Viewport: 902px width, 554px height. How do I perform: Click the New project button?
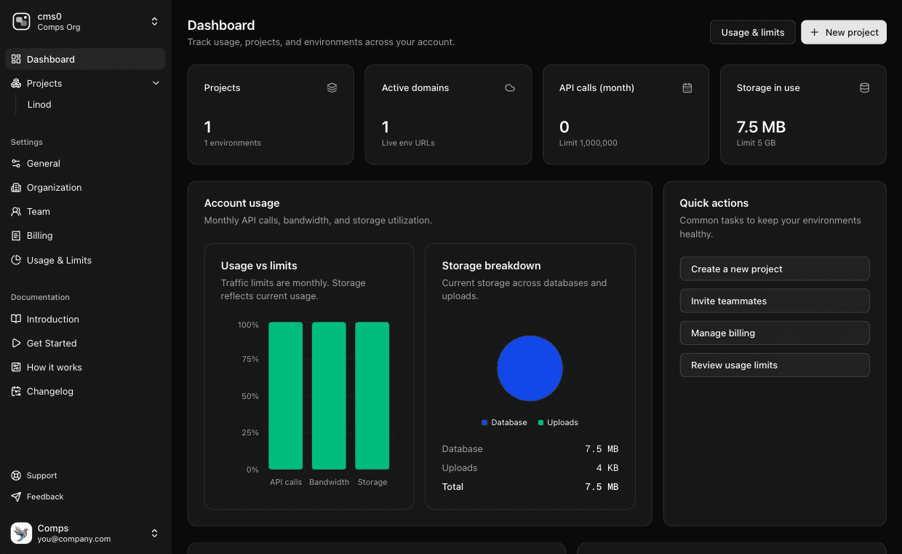(x=843, y=32)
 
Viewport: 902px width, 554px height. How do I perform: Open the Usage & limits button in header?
(x=752, y=32)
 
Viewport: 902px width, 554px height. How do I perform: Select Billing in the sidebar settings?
(x=39, y=236)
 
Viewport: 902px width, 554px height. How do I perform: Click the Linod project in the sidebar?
(x=39, y=105)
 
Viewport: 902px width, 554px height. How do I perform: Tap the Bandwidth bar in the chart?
(x=329, y=396)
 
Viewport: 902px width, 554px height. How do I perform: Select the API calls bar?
(x=285, y=396)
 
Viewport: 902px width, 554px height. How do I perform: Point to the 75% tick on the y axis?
(x=250, y=359)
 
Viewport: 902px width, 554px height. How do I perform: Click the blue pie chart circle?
(x=530, y=368)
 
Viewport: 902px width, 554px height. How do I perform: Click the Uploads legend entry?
(x=558, y=422)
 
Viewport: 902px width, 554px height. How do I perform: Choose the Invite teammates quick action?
(x=774, y=301)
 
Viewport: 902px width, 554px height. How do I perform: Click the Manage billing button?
(x=774, y=333)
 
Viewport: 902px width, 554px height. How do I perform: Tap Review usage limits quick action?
(x=774, y=365)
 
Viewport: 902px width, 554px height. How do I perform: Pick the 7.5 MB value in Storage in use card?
(x=761, y=127)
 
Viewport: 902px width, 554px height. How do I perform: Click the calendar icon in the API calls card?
(x=687, y=88)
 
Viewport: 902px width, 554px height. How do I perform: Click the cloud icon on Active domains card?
(x=510, y=88)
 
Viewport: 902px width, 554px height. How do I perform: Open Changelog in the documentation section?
(x=49, y=392)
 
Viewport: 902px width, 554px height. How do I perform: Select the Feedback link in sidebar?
(x=45, y=496)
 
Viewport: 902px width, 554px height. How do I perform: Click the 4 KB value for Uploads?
(x=607, y=468)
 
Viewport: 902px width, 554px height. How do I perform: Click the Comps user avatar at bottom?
(x=22, y=533)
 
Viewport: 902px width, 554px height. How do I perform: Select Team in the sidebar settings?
(x=38, y=212)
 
